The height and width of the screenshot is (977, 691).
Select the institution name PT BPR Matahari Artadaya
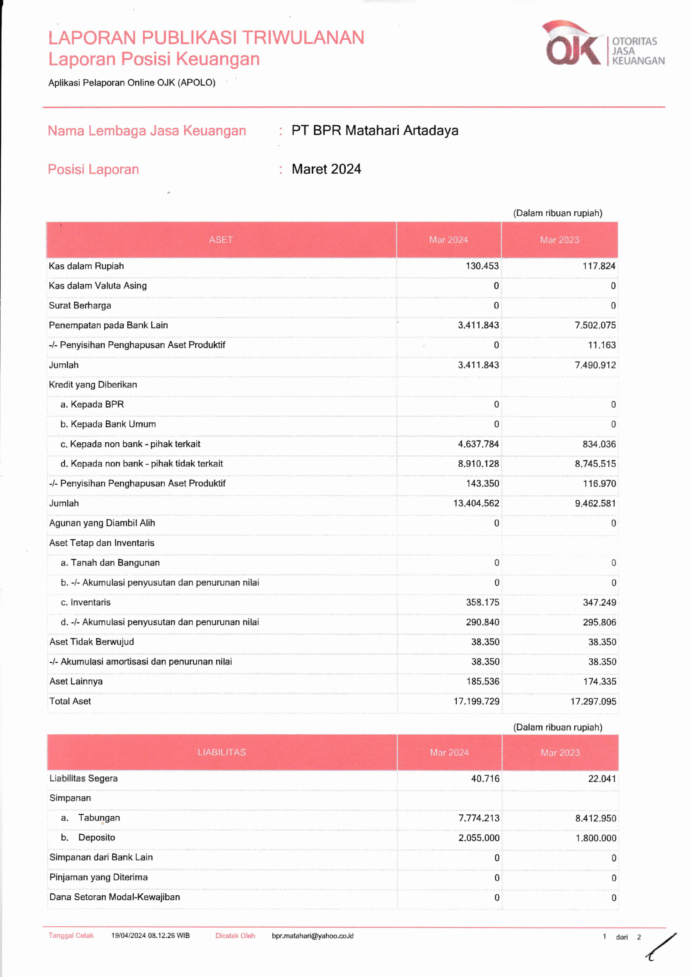coord(374,130)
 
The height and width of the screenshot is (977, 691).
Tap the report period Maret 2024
coord(326,169)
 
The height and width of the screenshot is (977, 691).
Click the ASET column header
coord(221,240)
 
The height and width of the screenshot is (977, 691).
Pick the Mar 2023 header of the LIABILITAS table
coord(560,752)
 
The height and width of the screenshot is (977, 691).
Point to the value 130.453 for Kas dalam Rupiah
coord(482,266)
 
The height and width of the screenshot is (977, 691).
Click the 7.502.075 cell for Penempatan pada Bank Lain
coord(595,325)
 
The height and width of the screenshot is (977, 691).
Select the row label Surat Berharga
coord(80,306)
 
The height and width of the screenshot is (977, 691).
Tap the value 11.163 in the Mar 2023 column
coord(602,345)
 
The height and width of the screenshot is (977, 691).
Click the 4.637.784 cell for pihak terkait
coord(478,444)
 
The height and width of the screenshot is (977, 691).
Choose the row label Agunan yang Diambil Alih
coord(102,523)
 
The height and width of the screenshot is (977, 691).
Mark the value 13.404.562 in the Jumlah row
coord(476,503)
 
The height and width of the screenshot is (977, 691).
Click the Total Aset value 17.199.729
coord(476,701)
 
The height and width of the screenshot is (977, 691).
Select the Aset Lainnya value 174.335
coord(599,681)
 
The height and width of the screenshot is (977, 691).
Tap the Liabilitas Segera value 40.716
coord(485,778)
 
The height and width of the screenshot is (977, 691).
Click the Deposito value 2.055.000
coord(479,838)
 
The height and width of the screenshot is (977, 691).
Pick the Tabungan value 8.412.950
coord(595,818)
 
